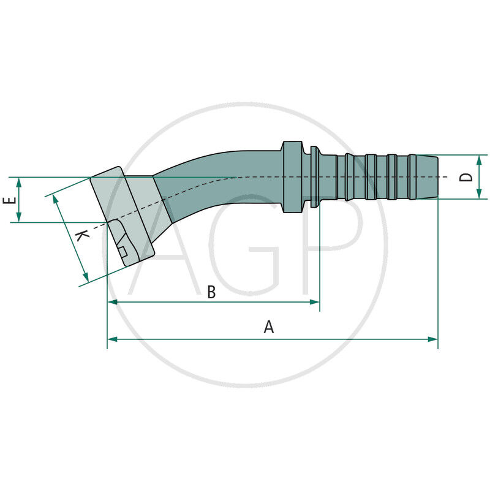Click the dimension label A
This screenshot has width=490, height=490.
point(268,328)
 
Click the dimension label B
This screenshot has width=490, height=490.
point(211,293)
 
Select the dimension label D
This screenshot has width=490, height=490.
point(467,176)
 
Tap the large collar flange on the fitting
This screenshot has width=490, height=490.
point(292,177)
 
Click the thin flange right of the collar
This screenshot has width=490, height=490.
point(314,177)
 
